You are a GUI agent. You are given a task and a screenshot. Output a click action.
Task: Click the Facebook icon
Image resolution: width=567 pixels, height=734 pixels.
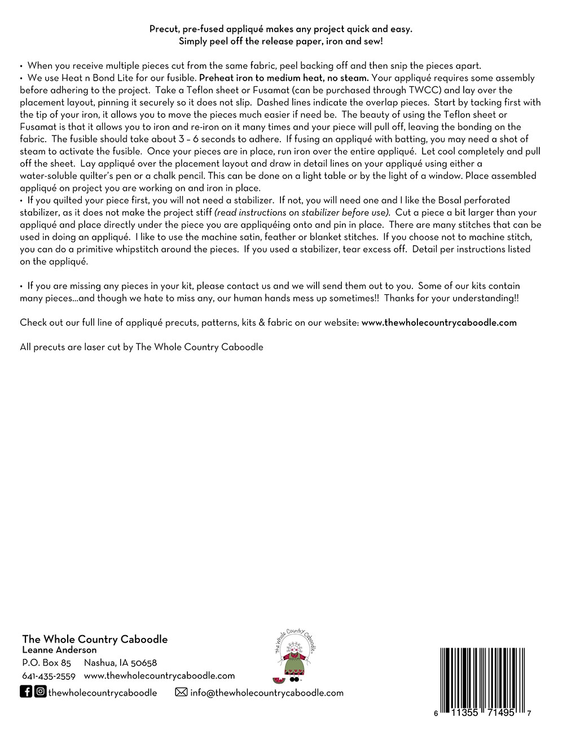[26, 692]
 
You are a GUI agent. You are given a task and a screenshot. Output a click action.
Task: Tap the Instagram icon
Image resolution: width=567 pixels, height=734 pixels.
[40, 692]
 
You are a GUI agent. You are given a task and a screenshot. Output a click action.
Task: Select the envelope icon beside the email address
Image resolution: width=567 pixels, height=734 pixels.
[181, 692]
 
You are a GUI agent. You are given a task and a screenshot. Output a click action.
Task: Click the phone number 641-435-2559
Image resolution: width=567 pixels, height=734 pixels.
[49, 676]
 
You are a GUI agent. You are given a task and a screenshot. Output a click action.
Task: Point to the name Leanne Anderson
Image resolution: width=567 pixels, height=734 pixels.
[59, 650]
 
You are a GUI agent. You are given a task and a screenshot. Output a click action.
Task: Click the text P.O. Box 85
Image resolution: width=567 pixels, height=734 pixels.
[46, 663]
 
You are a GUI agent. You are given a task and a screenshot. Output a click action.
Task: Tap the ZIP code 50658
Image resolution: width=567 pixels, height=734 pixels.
[143, 663]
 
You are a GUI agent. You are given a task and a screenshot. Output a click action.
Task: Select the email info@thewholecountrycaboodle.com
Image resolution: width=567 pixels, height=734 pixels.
[267, 693]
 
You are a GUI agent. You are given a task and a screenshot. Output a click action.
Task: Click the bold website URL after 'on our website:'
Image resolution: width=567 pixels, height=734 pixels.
[439, 322]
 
